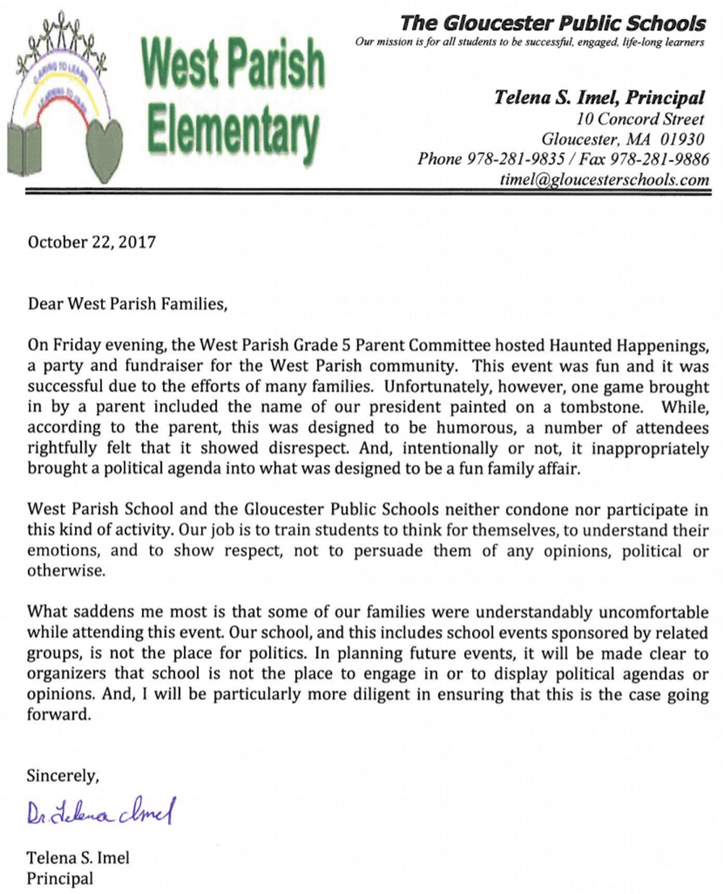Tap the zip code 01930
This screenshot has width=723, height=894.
[x=681, y=138]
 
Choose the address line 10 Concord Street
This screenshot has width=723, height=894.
[x=641, y=118]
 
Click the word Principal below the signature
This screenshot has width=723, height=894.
[x=60, y=878]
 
